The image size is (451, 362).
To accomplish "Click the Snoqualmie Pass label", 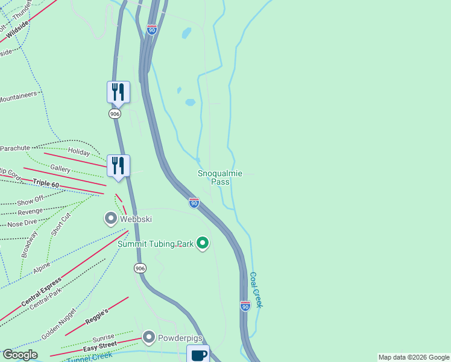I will tap(220, 177).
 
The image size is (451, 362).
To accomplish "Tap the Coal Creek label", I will tap(256, 290).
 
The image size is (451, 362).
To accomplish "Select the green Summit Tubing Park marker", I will tap(203, 243).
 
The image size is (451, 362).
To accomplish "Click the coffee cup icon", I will tap(198, 354).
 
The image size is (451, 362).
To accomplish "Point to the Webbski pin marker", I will tap(111, 218).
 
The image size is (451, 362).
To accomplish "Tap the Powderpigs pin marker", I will tap(149, 337).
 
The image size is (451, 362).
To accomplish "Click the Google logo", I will tap(20, 355).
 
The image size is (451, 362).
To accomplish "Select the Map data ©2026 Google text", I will tap(414, 357).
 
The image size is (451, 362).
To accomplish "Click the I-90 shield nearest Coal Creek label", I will tap(245, 306).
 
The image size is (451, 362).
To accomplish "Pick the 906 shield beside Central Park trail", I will tap(140, 268).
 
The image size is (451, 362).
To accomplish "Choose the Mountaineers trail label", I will tap(18, 96).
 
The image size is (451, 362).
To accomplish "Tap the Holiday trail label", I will tap(78, 151).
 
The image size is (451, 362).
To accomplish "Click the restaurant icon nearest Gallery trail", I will tap(118, 165).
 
